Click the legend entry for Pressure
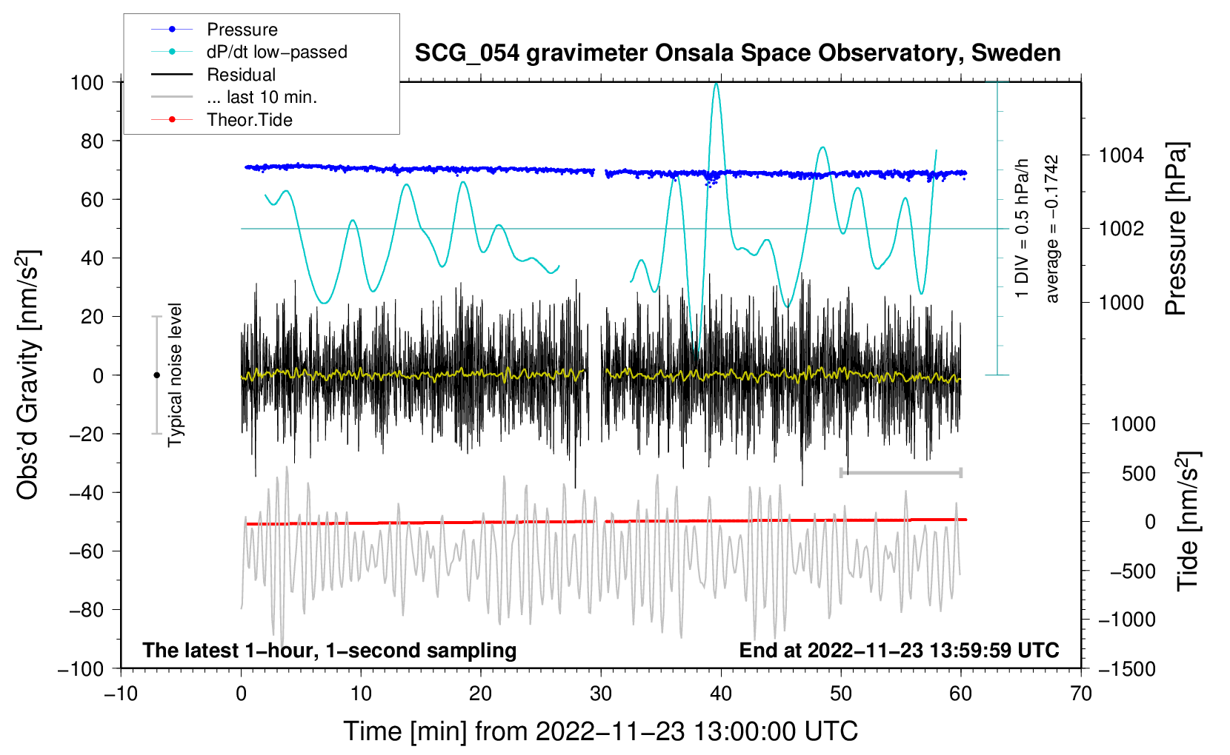(214, 29)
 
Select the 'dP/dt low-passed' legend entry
(249, 52)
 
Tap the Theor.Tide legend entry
(222, 120)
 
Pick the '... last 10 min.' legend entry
(234, 97)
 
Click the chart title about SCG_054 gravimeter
(737, 53)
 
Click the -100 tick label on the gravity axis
(81, 669)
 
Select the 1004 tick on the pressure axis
(1121, 155)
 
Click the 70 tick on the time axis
(1080, 694)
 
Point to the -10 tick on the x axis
(121, 694)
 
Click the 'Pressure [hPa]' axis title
(1176, 229)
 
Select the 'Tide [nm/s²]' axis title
(1188, 520)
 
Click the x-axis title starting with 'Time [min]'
(601, 731)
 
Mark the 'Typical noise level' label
(174, 375)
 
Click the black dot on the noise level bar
(156, 375)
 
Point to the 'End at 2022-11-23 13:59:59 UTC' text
(899, 650)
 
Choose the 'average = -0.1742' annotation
(1051, 229)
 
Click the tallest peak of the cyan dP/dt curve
(716, 84)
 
